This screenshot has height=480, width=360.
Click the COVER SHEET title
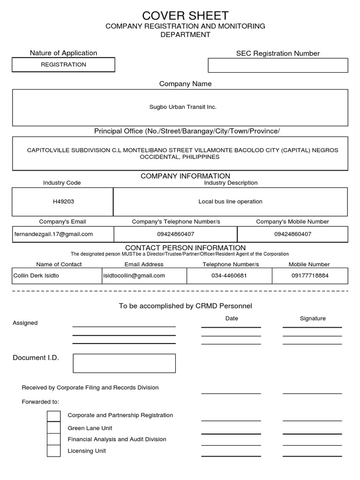[x=185, y=15]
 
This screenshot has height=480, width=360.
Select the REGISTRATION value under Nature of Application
[x=63, y=65]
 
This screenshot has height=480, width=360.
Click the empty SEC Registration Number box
[x=277, y=65]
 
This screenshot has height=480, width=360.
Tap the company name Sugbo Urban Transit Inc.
[x=183, y=107]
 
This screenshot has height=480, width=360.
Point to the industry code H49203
[x=63, y=202]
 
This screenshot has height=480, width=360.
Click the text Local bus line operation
[x=230, y=202]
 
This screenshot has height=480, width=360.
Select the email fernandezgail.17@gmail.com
[x=53, y=234]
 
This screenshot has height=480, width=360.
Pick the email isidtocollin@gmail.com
[x=134, y=276]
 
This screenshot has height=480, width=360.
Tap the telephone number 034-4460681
[x=229, y=276]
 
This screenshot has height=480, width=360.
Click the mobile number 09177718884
[x=310, y=276]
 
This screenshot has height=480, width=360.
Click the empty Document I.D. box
[x=124, y=363]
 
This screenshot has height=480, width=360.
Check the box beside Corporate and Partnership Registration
[x=54, y=416]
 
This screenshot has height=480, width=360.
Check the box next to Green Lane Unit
[x=54, y=427]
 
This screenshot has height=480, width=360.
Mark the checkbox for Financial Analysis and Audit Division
[x=54, y=439]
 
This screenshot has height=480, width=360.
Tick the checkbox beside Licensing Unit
[x=54, y=451]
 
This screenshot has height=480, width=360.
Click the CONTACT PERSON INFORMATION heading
[x=185, y=247]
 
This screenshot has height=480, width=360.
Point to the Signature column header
[x=313, y=318]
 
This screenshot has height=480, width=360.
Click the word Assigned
[x=25, y=323]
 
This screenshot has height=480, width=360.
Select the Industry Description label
[x=231, y=183]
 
